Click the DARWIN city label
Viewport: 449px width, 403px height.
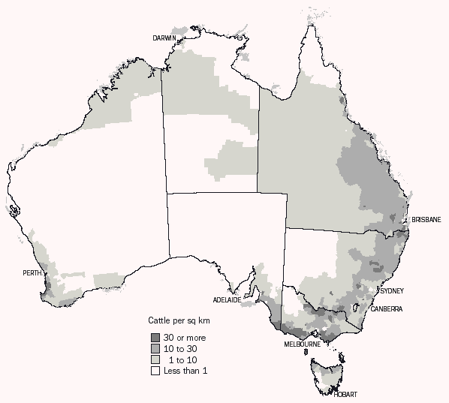164,38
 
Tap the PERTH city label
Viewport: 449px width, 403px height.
33,272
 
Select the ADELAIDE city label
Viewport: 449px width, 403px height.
226,300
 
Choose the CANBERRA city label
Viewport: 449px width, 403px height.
386,308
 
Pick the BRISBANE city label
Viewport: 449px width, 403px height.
426,219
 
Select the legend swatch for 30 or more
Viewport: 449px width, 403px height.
155,338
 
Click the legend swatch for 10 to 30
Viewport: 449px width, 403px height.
155,348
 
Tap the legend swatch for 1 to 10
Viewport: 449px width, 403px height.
155,359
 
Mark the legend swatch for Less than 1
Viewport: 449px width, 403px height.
155,371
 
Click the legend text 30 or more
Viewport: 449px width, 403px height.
185,338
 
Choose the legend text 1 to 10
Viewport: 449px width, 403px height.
182,359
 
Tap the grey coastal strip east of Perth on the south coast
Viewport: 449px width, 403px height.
109,281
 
